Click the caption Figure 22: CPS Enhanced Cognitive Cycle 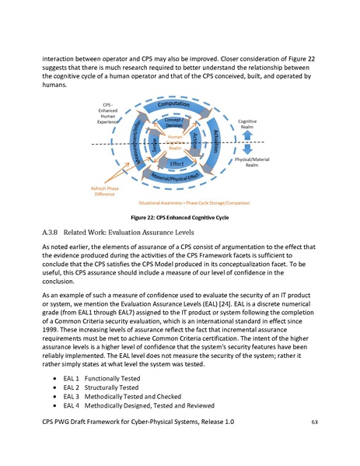point(180,217)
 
